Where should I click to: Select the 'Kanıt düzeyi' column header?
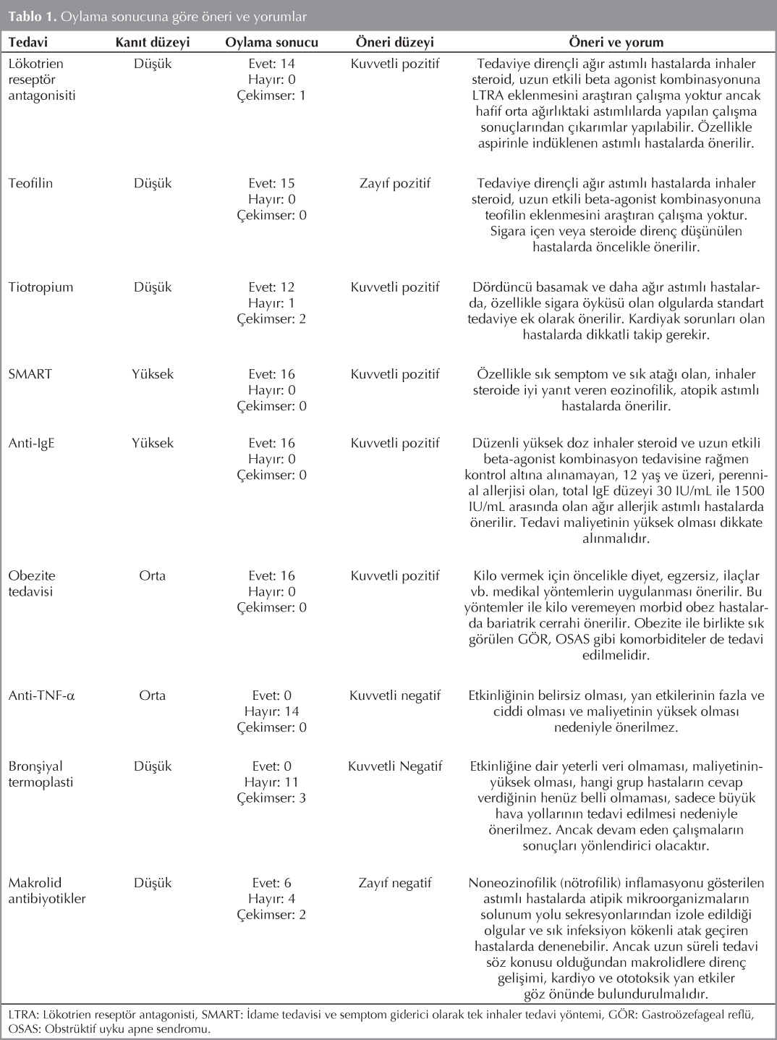tap(152, 42)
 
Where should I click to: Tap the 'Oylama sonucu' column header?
tap(271, 42)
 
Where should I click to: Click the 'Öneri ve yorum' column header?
tap(616, 42)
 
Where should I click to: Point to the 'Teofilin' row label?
tap(30, 184)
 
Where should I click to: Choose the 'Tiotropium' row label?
tap(41, 287)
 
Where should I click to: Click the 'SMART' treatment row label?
tap(30, 375)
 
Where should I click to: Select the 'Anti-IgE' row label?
tap(31, 444)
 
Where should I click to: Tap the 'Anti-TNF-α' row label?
tap(42, 696)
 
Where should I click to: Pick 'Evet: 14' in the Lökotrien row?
tap(271, 64)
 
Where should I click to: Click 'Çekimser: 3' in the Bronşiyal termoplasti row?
tap(271, 798)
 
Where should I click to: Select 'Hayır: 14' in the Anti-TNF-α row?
tap(271, 712)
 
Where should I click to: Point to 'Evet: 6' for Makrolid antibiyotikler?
tap(271, 883)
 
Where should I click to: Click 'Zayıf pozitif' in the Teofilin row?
tap(394, 184)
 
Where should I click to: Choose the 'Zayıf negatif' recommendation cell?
tap(394, 883)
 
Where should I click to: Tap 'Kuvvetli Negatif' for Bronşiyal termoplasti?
tap(394, 766)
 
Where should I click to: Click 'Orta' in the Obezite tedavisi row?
tap(152, 576)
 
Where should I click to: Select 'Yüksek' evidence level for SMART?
tap(152, 375)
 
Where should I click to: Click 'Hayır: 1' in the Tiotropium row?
tap(271, 303)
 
